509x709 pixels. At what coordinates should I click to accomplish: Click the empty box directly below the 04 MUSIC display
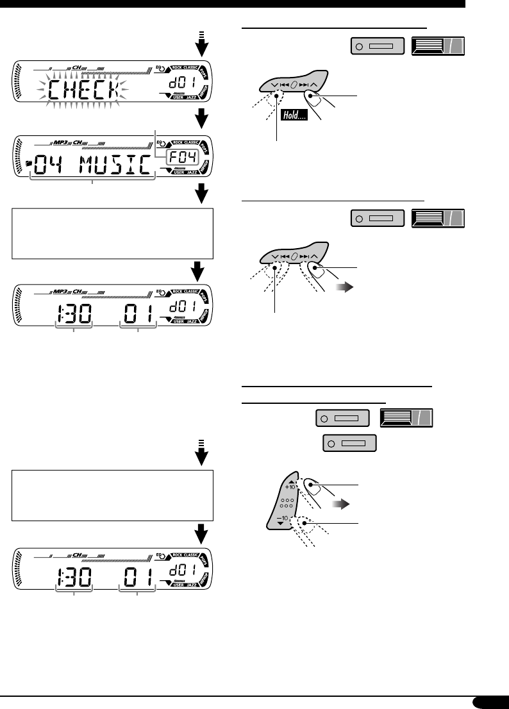[x=113, y=232]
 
